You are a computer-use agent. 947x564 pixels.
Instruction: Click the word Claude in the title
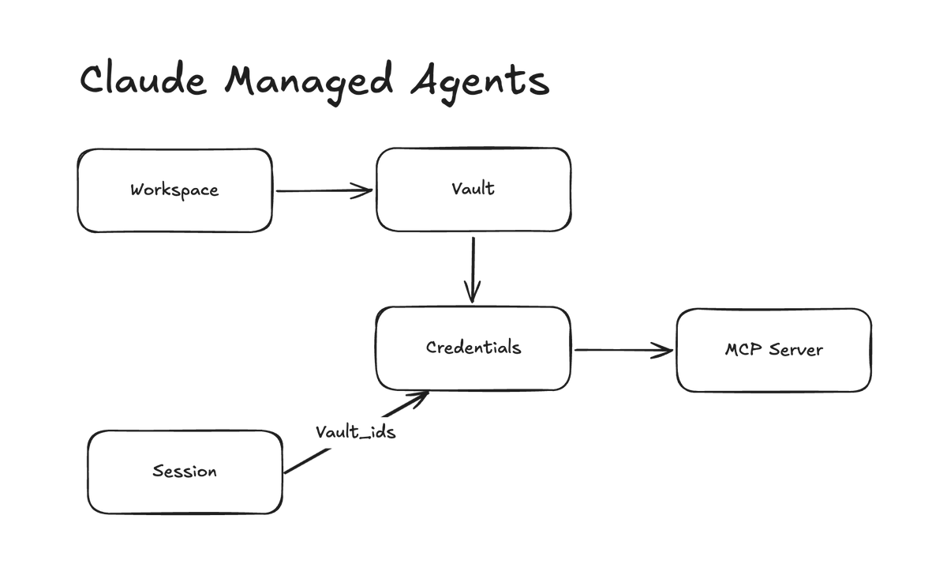[x=143, y=80]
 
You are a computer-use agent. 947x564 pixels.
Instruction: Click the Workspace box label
[x=174, y=190]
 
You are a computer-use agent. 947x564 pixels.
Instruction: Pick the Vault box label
[x=473, y=188]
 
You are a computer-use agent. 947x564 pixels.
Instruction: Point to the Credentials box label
[x=473, y=348]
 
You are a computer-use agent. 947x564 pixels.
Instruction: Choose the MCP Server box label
[x=773, y=349]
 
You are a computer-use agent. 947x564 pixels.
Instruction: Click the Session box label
[x=184, y=472]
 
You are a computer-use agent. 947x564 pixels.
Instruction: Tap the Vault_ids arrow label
[x=355, y=432]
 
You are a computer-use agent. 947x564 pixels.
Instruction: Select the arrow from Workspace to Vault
[x=324, y=190]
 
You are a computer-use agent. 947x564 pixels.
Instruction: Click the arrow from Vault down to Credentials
[x=472, y=269]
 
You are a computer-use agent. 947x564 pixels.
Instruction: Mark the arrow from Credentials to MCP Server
[x=623, y=350]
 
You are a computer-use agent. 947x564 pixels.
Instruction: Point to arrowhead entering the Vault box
[x=365, y=190]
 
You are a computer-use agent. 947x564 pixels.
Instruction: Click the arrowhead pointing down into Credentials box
[x=472, y=295]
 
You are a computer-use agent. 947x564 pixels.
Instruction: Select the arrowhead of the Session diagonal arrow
[x=420, y=396]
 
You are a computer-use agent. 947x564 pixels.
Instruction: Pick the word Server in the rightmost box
[x=795, y=349]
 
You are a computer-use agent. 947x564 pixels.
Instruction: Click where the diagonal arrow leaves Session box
[x=286, y=472]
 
